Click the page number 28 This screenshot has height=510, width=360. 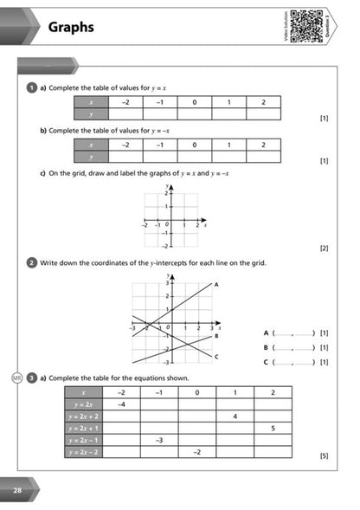[16, 491]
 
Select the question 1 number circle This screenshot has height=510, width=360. [31, 87]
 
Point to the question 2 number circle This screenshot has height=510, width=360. [31, 262]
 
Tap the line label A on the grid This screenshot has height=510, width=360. [215, 284]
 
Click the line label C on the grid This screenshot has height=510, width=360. [215, 356]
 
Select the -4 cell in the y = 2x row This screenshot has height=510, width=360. [122, 404]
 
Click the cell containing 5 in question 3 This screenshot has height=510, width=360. [273, 428]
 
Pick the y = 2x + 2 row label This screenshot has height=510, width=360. [85, 416]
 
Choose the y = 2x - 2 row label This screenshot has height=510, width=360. [85, 451]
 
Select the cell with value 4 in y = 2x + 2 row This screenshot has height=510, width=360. [235, 416]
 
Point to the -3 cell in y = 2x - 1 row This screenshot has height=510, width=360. [159, 440]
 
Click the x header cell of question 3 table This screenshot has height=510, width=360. [85, 392]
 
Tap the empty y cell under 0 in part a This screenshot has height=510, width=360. [195, 113]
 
